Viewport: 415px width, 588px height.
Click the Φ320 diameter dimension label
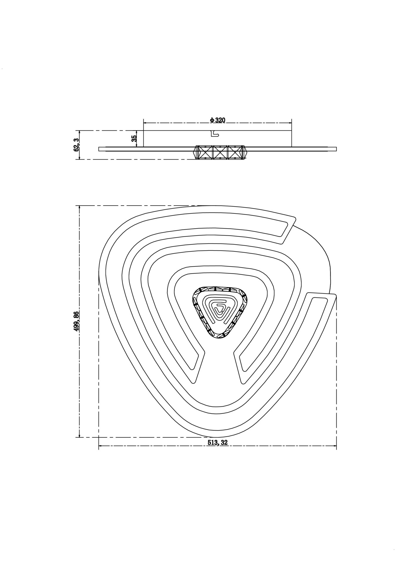pyautogui.click(x=217, y=120)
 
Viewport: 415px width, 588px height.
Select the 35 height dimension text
pyautogui.click(x=134, y=138)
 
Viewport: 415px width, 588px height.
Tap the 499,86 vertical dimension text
pyautogui.click(x=76, y=321)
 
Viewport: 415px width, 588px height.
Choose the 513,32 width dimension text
pyautogui.click(x=218, y=451)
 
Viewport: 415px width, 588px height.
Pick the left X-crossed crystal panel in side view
pyautogui.click(x=205, y=153)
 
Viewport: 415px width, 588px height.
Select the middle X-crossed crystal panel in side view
pyautogui.click(x=220, y=153)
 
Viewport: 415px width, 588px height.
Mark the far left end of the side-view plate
pyautogui.click(x=99, y=149)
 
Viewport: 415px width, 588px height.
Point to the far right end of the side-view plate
pyautogui.click(x=336, y=149)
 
